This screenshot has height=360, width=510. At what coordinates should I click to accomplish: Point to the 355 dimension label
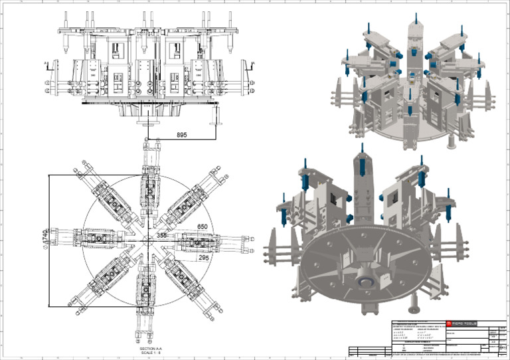point(162,235)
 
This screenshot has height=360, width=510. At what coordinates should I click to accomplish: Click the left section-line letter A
point(45,64)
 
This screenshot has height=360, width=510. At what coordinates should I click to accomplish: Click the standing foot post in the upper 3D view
point(451,141)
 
